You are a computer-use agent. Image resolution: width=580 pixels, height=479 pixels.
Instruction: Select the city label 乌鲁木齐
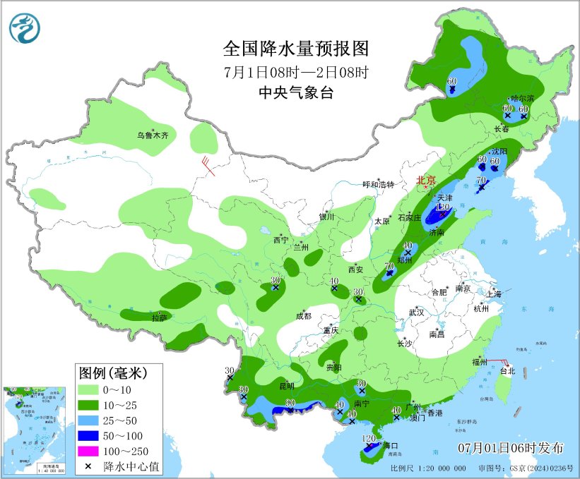point(153,135)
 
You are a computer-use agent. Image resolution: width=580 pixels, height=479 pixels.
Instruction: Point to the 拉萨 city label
point(160,318)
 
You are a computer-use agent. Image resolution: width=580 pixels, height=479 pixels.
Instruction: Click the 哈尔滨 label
point(523,98)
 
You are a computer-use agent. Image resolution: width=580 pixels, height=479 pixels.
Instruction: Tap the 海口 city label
point(391,445)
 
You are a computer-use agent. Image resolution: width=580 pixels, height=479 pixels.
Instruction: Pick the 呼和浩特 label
point(377,184)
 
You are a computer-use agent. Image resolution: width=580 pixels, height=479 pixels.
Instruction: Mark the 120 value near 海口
point(368,439)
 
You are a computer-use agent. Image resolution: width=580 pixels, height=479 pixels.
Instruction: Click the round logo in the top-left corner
point(25,28)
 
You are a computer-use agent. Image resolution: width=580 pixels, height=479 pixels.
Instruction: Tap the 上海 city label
point(494,293)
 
